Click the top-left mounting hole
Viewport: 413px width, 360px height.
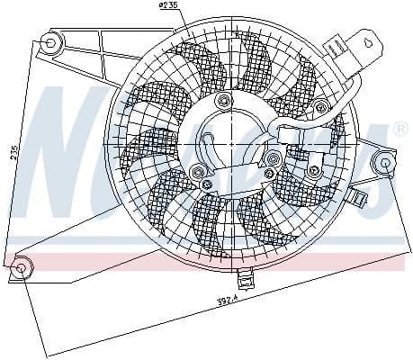tap(51, 41)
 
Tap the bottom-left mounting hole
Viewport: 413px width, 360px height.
tap(22, 266)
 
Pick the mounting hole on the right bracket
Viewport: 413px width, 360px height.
tap(385, 164)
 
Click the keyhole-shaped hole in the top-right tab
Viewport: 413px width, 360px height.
tap(367, 40)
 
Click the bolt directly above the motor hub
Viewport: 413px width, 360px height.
tap(221, 98)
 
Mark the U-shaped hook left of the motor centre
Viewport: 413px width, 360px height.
tap(204, 144)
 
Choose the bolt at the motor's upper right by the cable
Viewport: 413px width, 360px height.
tap(273, 160)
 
